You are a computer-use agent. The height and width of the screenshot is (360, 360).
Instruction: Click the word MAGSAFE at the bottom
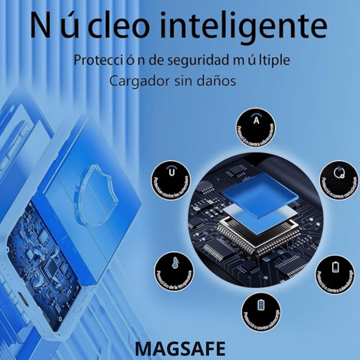[x=180, y=349]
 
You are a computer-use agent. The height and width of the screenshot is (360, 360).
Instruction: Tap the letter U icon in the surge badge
[x=171, y=172]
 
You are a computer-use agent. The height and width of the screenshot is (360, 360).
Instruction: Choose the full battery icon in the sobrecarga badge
[x=261, y=305]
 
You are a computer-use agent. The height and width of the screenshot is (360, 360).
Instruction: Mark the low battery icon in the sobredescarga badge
[x=335, y=267]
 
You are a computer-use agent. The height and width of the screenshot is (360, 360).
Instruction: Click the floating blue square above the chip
[x=260, y=195]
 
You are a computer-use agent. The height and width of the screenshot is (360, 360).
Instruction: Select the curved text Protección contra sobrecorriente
[x=257, y=137]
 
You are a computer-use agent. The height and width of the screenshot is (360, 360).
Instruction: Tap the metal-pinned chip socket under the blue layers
[x=257, y=233]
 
